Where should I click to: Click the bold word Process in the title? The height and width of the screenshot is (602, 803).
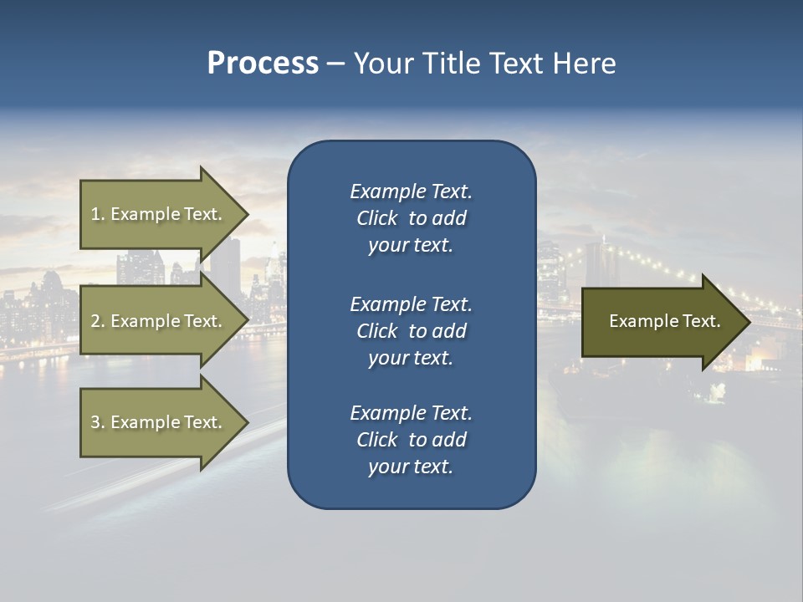263,64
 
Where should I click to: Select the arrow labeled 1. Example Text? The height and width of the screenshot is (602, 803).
159,215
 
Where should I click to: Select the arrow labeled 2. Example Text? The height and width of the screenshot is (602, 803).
159,321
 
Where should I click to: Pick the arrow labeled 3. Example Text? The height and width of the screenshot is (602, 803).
159,422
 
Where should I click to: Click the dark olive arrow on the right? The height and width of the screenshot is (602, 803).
661,322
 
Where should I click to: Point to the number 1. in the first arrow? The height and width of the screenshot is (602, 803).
98,215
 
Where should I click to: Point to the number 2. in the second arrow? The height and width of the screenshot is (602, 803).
98,321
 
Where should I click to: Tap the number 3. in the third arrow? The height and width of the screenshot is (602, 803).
98,422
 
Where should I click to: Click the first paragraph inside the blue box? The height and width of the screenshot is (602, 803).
411,218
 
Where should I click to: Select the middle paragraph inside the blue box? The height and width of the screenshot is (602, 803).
411,331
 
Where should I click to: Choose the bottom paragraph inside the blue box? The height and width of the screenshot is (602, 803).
411,440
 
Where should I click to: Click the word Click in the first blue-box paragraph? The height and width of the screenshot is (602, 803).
377,218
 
